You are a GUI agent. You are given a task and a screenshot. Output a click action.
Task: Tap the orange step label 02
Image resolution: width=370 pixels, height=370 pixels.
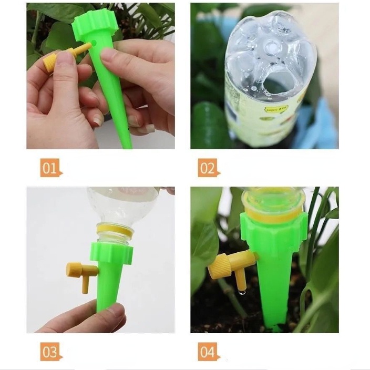coord(208,168)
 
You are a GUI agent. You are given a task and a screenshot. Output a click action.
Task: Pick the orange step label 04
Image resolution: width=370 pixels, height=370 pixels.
coord(208,351)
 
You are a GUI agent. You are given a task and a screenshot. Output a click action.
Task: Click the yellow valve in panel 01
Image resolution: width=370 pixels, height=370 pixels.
coord(58,59)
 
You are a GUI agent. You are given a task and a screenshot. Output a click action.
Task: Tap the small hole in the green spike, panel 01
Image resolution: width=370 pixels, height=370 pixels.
coord(95,43)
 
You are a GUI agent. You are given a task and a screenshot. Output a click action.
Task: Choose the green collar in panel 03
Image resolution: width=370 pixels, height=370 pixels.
coord(111,253)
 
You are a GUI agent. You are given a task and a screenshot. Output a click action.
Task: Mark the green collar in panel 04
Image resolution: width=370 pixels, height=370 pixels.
coord(273,231)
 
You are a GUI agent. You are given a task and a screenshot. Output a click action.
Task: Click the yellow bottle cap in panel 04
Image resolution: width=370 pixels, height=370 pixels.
coord(273,208)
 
